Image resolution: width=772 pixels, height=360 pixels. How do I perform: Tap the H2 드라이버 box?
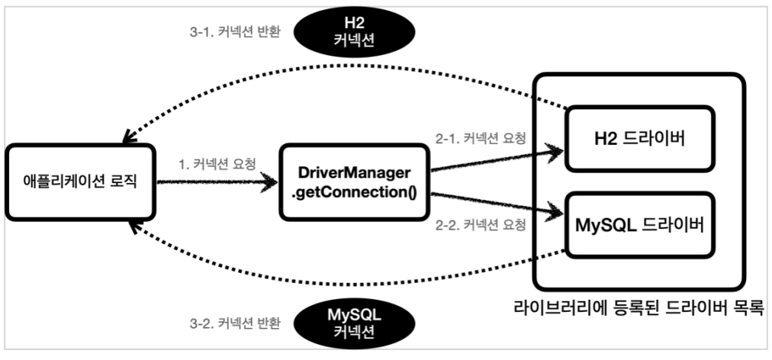click(639, 140)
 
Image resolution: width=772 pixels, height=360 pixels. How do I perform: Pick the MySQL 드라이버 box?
click(639, 227)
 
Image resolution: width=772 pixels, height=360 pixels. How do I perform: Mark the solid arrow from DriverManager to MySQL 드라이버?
click(496, 201)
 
